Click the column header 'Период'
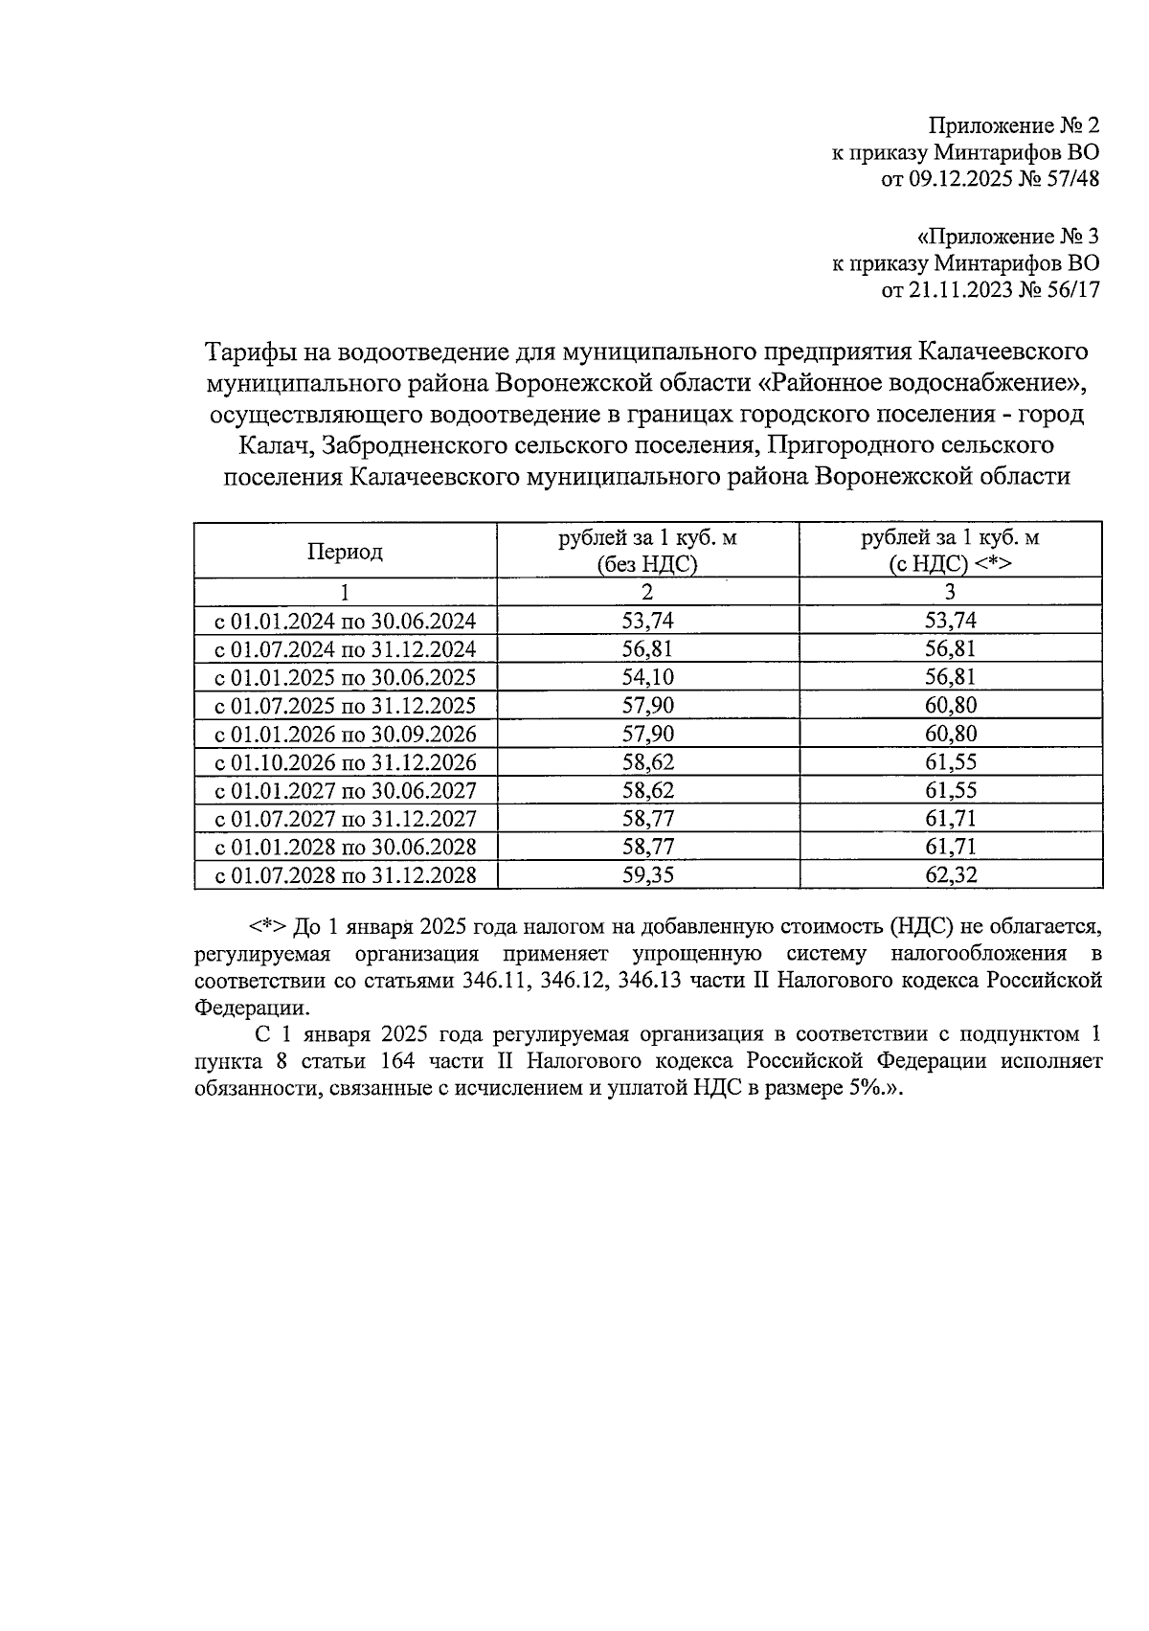click(345, 552)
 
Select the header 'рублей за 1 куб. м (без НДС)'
click(647, 551)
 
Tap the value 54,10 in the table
click(647, 677)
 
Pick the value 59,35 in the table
click(647, 875)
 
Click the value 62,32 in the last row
click(950, 875)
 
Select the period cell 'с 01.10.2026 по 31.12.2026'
click(345, 762)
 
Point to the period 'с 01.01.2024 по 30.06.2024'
click(345, 621)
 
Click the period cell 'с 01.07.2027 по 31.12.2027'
click(345, 819)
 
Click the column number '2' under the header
click(647, 592)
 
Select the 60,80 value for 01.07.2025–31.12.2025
click(950, 706)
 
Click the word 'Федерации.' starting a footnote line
click(252, 1008)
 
